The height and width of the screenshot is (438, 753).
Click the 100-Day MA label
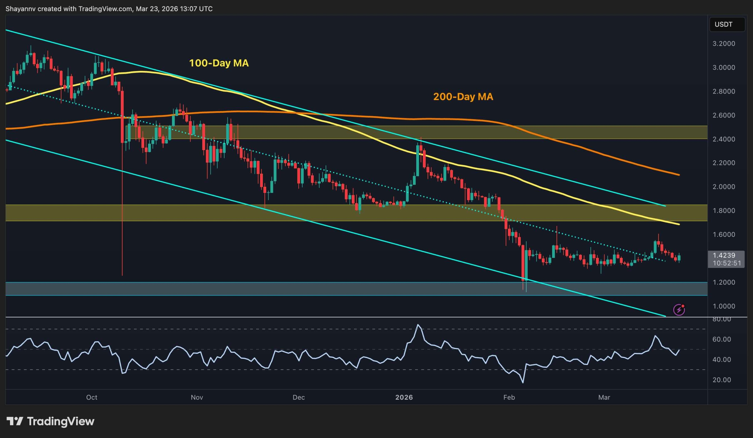(x=219, y=63)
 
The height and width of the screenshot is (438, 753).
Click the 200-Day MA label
(x=463, y=96)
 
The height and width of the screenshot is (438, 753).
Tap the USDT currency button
(x=723, y=24)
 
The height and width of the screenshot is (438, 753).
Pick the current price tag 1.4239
(x=724, y=255)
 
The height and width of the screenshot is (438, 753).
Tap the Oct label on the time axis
(x=91, y=397)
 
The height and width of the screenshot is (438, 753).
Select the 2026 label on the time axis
(x=404, y=397)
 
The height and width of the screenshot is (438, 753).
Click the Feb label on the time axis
(x=509, y=397)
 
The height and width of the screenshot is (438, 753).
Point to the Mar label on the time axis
(x=604, y=397)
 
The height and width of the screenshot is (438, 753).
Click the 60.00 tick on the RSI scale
(x=721, y=339)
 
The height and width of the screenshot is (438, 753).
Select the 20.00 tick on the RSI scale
(x=721, y=380)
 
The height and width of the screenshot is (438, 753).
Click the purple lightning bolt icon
(x=679, y=310)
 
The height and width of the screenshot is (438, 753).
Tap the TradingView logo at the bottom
(x=50, y=422)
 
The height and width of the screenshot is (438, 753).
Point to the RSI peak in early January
(x=418, y=325)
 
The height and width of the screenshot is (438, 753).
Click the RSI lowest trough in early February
(x=523, y=382)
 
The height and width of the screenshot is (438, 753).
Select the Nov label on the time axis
(x=196, y=397)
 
